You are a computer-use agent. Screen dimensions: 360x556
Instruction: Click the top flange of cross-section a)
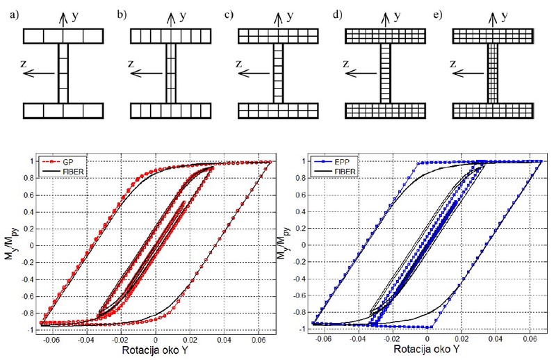pyautogui.click(x=63, y=35)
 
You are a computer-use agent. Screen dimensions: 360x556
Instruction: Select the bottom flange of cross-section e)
pyautogui.click(x=493, y=111)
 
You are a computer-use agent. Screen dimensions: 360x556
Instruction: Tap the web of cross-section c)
pyautogui.click(x=279, y=73)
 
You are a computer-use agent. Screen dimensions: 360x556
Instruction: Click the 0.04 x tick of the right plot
pyautogui.click(x=496, y=338)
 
